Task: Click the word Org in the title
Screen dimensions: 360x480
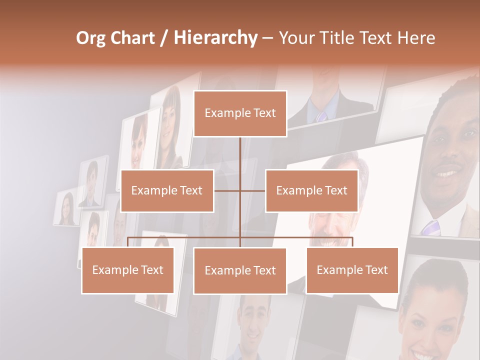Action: [90, 38]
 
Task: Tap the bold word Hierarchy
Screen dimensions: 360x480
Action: [215, 38]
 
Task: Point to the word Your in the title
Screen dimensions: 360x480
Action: [295, 38]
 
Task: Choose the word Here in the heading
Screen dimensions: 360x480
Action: [416, 38]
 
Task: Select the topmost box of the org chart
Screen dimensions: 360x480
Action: [240, 113]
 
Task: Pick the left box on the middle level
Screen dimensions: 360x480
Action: [167, 190]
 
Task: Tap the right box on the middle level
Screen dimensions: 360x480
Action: [311, 190]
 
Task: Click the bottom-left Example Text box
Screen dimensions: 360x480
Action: [128, 270]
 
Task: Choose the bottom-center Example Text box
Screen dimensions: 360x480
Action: [240, 270]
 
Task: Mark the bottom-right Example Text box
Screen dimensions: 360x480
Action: [352, 270]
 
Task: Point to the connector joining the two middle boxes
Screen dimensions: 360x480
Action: [240, 190]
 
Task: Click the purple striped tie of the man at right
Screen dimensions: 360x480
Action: [430, 227]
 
